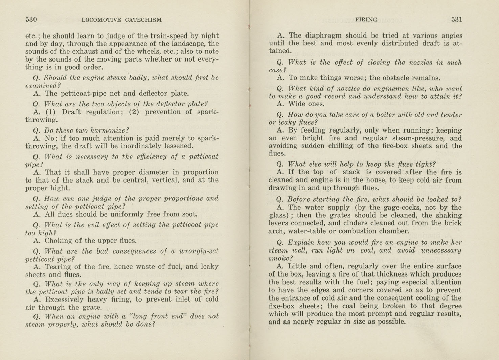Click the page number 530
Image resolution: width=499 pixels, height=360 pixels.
(31, 20)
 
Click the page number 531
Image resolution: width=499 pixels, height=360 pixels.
(456, 20)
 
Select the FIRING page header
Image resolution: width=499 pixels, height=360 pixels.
(366, 20)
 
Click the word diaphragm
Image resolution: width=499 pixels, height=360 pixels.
(325, 35)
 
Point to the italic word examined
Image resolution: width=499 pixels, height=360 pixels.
(41, 86)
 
